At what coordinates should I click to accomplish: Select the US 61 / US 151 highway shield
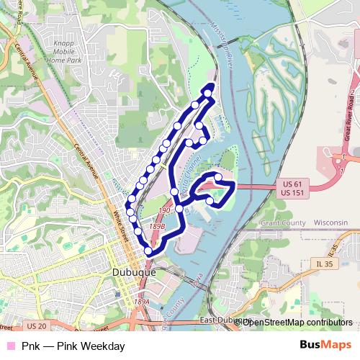[290, 189]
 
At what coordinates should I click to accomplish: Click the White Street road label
[123, 223]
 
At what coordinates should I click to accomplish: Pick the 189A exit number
[141, 302]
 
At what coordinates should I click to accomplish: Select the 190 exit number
[164, 210]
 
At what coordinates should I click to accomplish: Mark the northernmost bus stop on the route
[209, 92]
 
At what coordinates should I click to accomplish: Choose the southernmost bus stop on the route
[149, 251]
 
